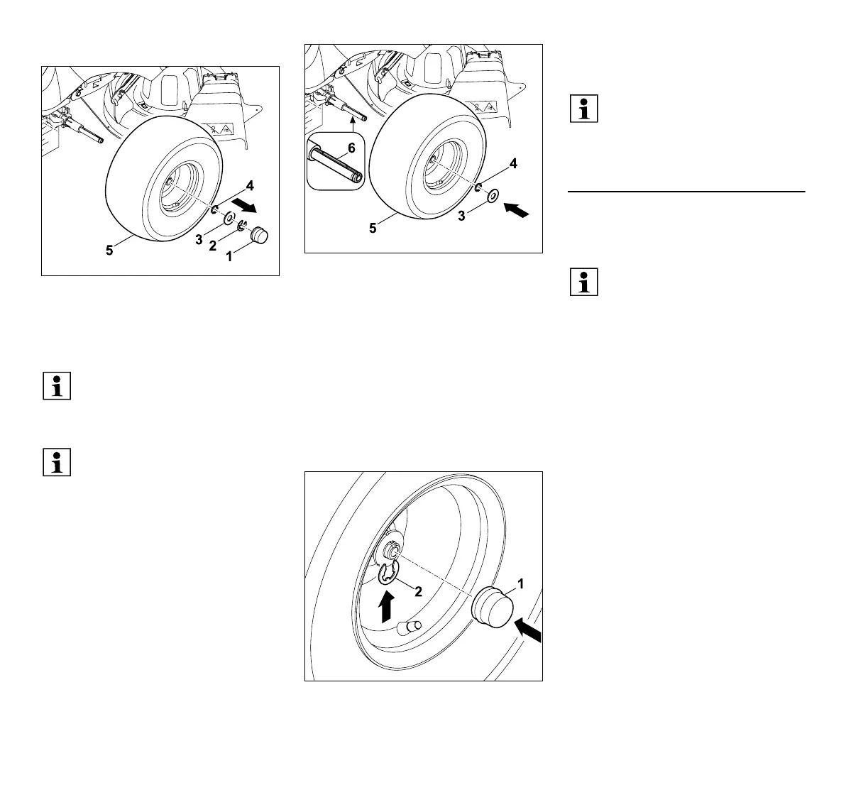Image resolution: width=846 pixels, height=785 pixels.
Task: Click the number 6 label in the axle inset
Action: [x=351, y=149]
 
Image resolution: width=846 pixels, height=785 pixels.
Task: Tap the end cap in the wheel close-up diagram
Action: [x=492, y=609]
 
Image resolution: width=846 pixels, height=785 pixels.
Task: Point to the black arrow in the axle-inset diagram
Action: [x=516, y=210]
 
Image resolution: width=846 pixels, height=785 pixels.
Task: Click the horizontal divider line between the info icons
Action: [x=686, y=192]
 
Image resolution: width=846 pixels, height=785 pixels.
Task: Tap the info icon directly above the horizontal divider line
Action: [x=583, y=109]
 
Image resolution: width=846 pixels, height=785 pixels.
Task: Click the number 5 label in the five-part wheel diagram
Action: [x=109, y=251]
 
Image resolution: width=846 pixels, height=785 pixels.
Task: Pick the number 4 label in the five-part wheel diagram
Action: [x=249, y=186]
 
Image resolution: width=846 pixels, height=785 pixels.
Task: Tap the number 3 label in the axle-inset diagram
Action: [x=462, y=216]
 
